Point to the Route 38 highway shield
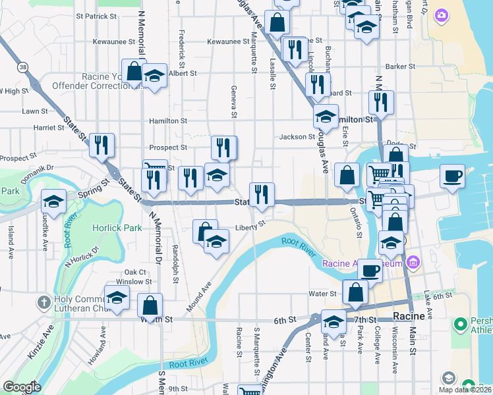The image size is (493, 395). point(24,67)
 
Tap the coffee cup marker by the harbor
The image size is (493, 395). point(452,177)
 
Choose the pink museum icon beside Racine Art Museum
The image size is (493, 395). point(413,264)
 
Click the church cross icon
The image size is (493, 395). point(43,303)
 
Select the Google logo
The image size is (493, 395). point(22,387)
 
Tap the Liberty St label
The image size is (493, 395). point(250,227)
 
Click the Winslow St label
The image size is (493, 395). point(138,282)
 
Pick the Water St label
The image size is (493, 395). point(323,294)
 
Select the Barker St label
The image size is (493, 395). point(400,66)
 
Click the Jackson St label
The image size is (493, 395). point(297,137)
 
